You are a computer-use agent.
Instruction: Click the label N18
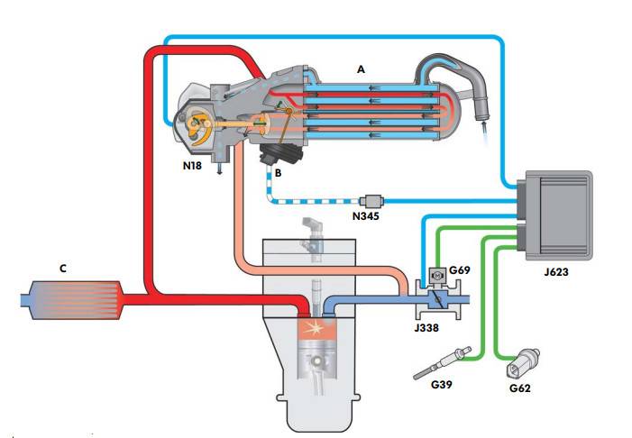pyautogui.click(x=192, y=166)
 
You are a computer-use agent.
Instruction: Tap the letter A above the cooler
pyautogui.click(x=362, y=68)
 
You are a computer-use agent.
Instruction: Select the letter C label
pyautogui.click(x=61, y=269)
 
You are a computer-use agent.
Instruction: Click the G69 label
pyautogui.click(x=460, y=269)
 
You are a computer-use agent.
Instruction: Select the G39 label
pyautogui.click(x=441, y=386)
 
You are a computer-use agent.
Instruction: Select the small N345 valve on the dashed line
pyautogui.click(x=371, y=199)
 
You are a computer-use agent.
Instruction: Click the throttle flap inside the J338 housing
pyautogui.click(x=435, y=297)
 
